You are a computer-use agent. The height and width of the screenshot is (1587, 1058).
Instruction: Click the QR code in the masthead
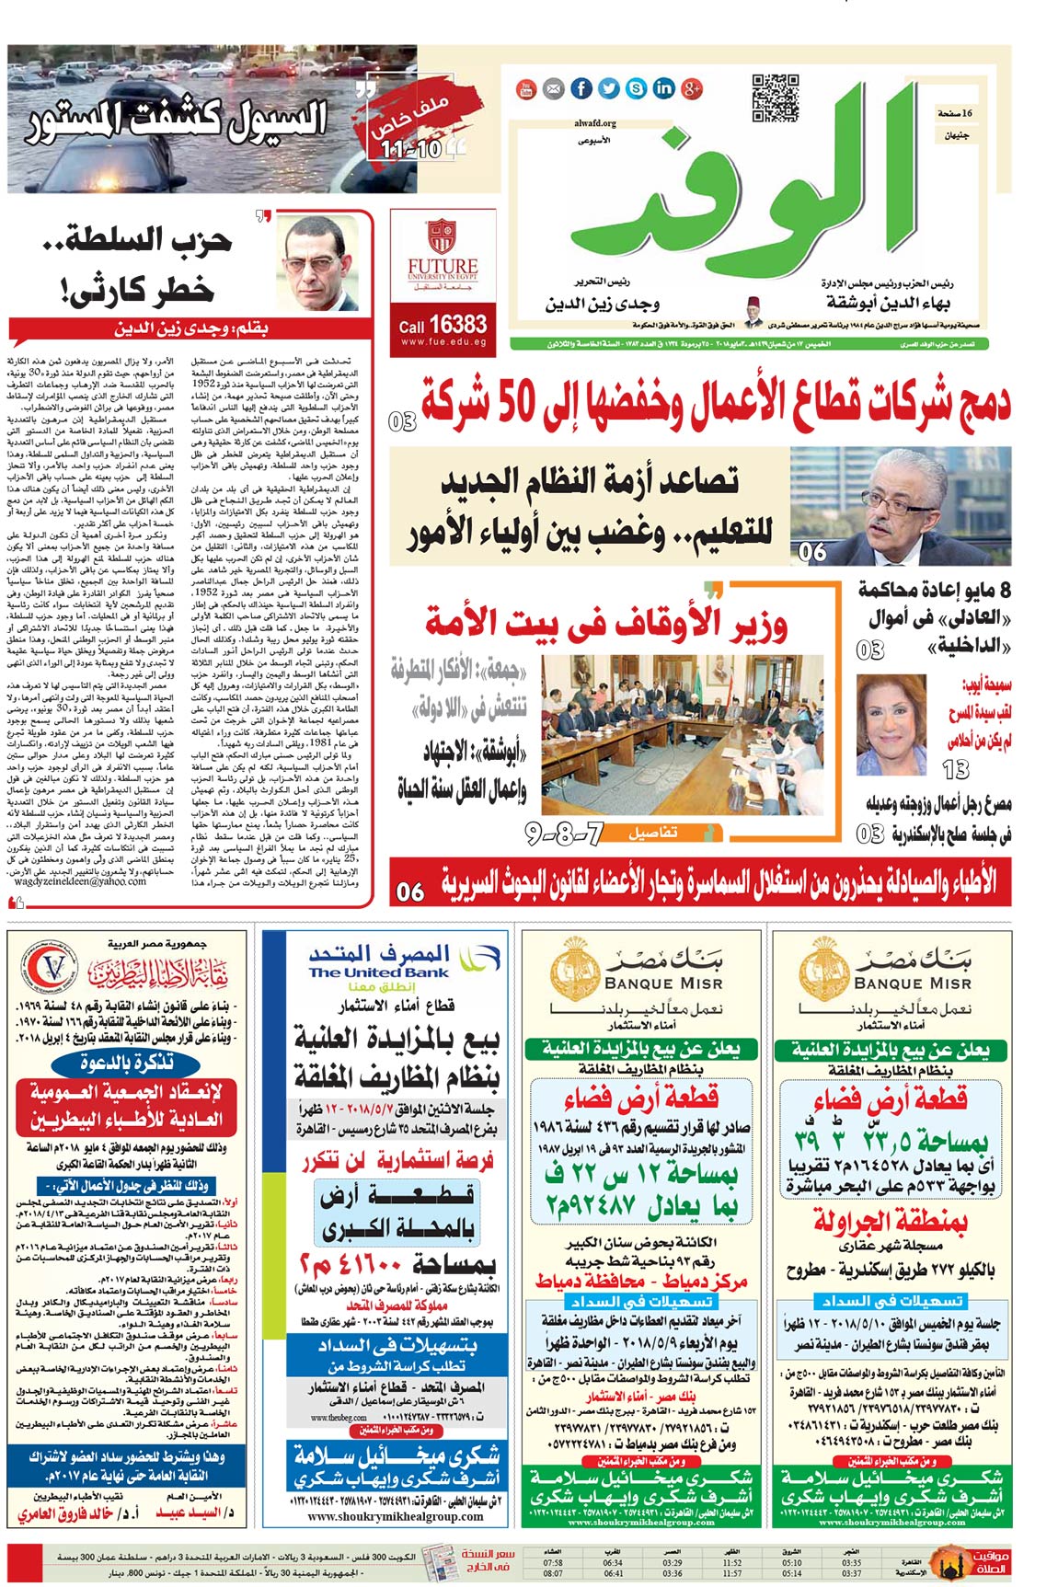click(x=775, y=98)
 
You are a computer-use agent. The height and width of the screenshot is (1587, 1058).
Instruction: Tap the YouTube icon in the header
click(x=525, y=88)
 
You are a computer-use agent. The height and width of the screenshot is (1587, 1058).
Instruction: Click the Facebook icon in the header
click(x=581, y=88)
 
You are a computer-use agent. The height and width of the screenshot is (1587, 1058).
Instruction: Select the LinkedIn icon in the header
click(x=663, y=88)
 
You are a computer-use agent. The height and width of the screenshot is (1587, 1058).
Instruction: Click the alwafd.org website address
click(x=594, y=122)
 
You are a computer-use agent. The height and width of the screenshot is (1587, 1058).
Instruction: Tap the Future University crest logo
click(x=443, y=236)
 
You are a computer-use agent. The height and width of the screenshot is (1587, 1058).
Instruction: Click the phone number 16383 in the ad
click(x=456, y=324)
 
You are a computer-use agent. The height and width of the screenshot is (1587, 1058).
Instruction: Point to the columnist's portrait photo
click(x=319, y=264)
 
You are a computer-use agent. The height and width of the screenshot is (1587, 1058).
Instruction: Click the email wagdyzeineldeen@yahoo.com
click(x=79, y=880)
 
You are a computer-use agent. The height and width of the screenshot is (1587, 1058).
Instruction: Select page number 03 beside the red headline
click(x=402, y=422)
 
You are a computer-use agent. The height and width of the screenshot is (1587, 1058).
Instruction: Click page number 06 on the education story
click(x=811, y=552)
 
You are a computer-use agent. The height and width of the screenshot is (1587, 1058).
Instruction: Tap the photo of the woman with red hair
click(x=891, y=725)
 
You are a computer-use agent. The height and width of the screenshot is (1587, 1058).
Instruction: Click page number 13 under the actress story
click(x=956, y=769)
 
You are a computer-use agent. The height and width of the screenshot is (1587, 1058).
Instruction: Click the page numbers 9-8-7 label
click(x=564, y=834)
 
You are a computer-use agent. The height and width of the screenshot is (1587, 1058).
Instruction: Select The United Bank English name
click(x=378, y=972)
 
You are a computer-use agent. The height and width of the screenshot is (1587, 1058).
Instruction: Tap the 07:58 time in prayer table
click(x=553, y=1562)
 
